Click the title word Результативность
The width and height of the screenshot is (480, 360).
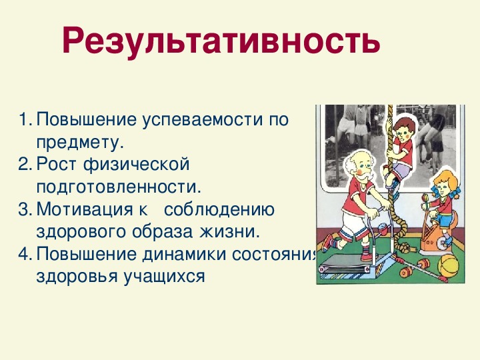pyautogui.click(x=221, y=41)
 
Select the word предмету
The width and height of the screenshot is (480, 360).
pyautogui.click(x=80, y=143)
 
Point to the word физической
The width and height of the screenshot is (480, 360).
pyautogui.click(x=136, y=165)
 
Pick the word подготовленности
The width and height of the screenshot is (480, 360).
pyautogui.click(x=119, y=187)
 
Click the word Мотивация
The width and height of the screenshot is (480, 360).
pyautogui.click(x=85, y=210)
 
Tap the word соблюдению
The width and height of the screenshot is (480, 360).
pyautogui.click(x=219, y=210)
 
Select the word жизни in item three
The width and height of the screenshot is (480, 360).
pyautogui.click(x=229, y=232)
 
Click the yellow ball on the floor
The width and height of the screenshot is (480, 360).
pyautogui.click(x=448, y=266)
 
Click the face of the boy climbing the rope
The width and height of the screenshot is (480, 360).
pyautogui.click(x=404, y=131)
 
